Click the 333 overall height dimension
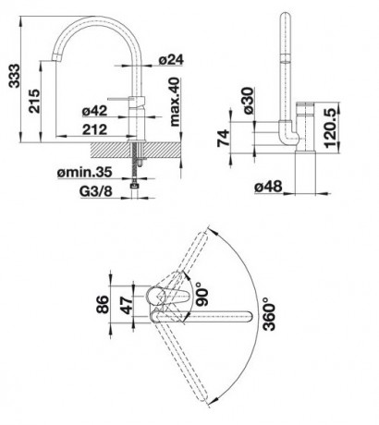(14, 76)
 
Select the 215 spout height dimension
(34, 101)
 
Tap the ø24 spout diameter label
(171, 59)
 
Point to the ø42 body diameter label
(94, 111)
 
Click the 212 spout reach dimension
(94, 129)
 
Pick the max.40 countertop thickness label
(174, 102)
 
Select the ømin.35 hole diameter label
(84, 172)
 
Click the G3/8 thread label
(96, 191)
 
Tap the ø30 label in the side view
(248, 101)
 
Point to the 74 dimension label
(224, 138)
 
